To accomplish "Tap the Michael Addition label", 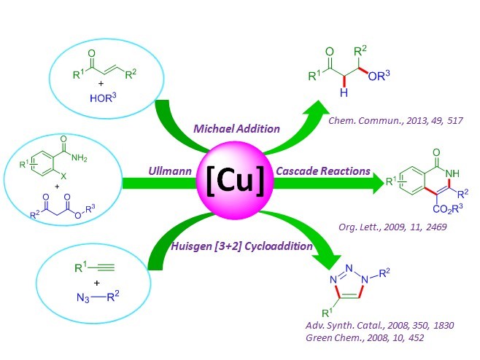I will (x=236, y=128).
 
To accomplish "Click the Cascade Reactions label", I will (x=322, y=172).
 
